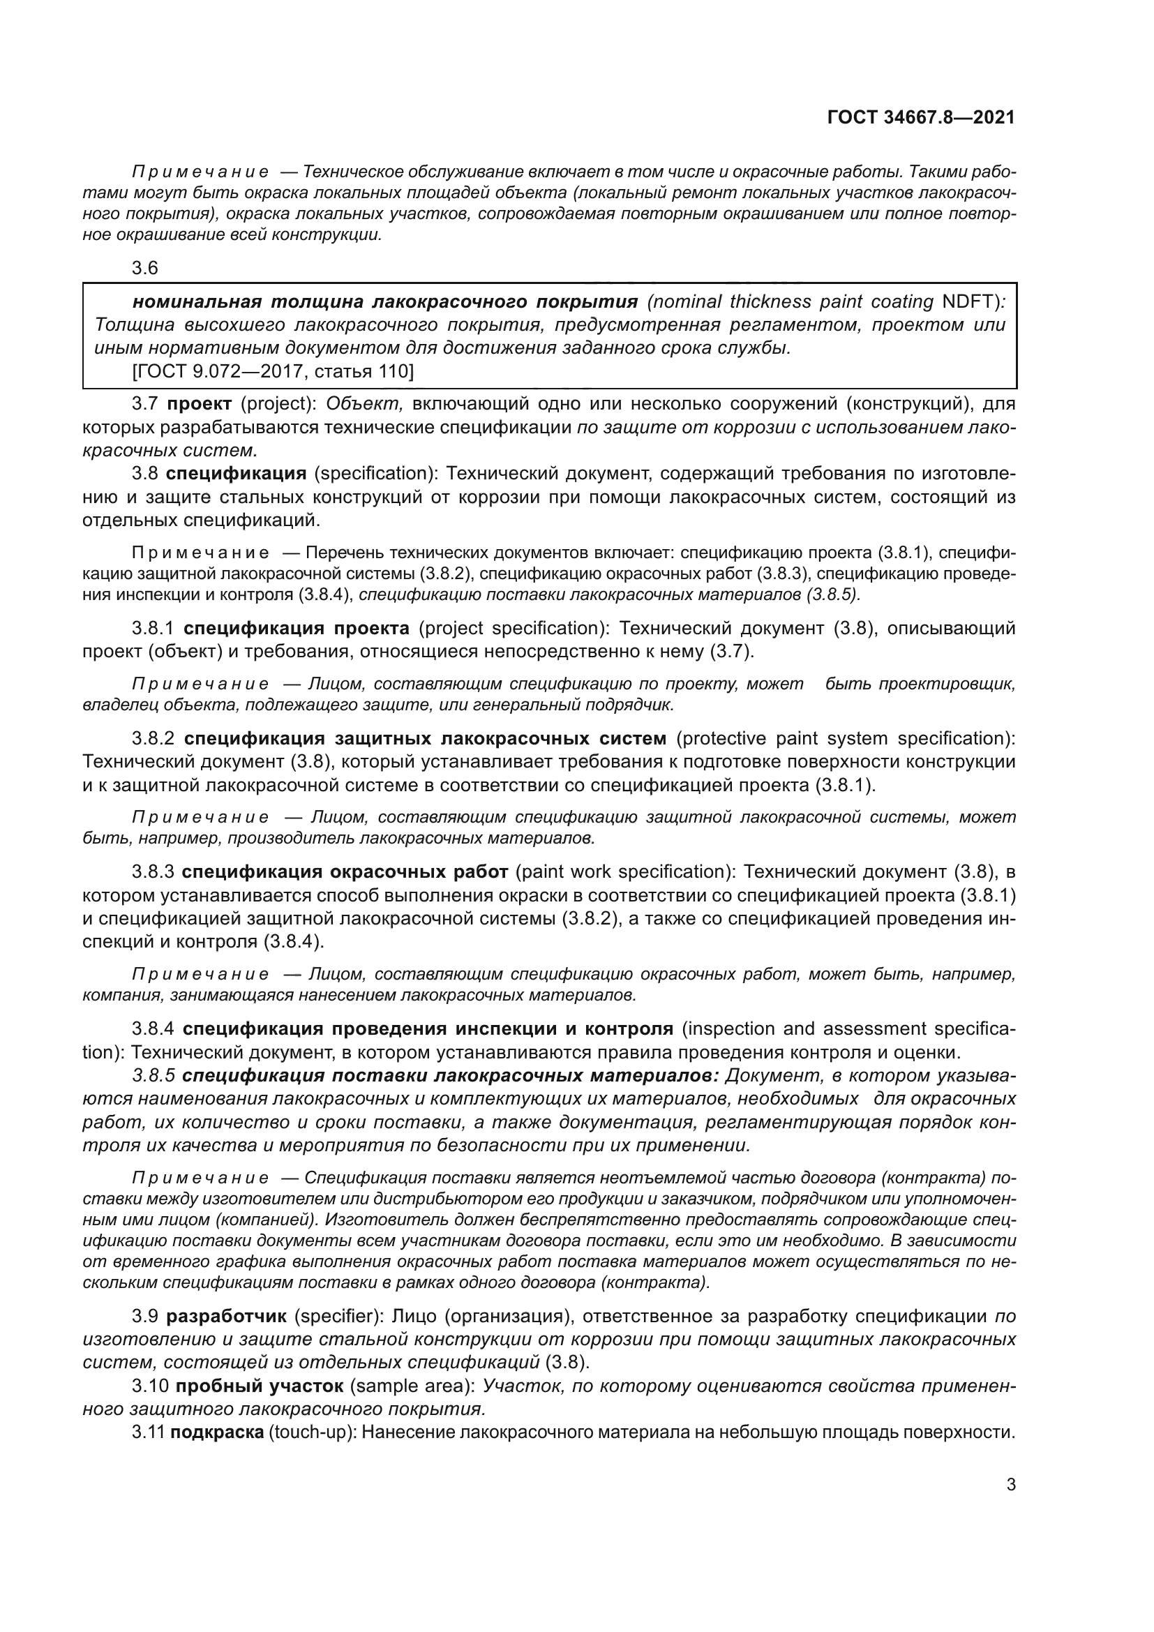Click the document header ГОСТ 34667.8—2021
(921, 118)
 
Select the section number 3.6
(145, 269)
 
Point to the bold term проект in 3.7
(200, 405)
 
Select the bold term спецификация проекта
(297, 629)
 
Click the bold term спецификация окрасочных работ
(345, 871)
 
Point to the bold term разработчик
(227, 1317)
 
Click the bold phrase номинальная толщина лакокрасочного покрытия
(385, 302)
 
